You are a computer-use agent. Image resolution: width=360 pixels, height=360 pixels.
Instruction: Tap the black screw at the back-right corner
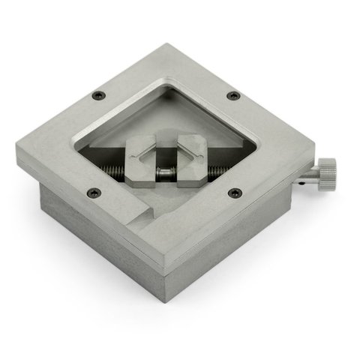tap(233, 95)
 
